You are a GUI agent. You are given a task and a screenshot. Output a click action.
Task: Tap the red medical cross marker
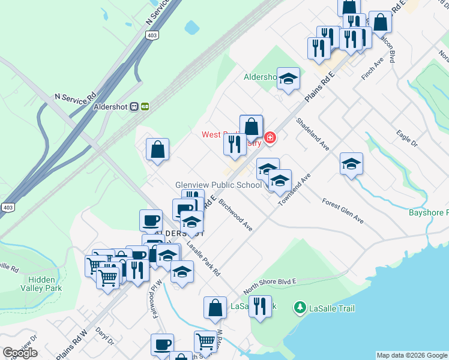(270, 138)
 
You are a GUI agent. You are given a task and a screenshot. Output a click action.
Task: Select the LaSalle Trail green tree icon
(300, 308)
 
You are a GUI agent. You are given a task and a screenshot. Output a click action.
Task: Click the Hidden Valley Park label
(45, 284)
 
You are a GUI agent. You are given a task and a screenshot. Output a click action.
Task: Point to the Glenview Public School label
(218, 185)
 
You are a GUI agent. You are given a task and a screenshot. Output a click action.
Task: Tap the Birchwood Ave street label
(235, 215)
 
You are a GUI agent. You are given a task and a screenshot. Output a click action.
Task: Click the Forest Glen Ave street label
(343, 211)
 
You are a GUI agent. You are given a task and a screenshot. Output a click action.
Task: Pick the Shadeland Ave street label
(313, 133)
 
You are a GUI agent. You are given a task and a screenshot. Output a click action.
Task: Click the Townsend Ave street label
(294, 191)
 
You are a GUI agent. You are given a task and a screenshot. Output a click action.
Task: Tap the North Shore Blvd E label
(270, 286)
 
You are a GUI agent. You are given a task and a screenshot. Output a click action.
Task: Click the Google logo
(20, 353)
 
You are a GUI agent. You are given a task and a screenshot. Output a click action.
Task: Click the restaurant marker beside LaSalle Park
(260, 305)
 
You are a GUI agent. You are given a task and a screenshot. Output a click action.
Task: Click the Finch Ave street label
(372, 70)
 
